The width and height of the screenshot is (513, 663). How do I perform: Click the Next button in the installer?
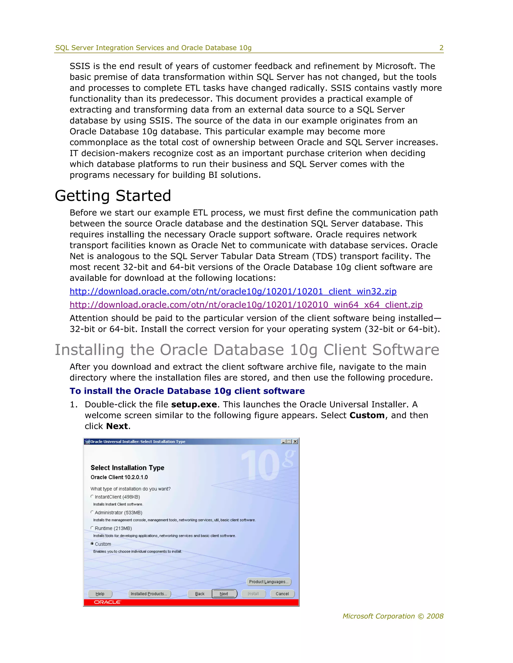pos(224,594)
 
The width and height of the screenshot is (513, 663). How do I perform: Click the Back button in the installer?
pos(200,594)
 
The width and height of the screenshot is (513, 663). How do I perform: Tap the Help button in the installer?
pos(100,594)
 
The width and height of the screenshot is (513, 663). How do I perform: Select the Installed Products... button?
pos(149,594)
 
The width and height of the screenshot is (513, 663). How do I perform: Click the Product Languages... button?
pos(268,582)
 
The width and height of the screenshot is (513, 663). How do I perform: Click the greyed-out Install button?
pos(253,594)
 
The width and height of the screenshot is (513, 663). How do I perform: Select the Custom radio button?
pos(92,544)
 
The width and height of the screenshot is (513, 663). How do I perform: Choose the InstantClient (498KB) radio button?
pos(92,497)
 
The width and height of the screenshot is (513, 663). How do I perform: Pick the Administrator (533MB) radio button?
pos(92,512)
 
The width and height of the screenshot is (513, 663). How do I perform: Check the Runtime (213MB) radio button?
pos(92,528)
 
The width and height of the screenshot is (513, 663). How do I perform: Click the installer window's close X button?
pos(295,442)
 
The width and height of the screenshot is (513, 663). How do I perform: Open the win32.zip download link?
pos(233,291)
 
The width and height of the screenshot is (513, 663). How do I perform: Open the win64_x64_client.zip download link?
pos(246,305)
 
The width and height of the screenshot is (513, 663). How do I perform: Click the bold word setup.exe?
pos(194,405)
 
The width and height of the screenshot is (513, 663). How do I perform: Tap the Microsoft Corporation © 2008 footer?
pos(393,616)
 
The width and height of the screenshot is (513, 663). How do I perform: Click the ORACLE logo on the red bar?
pos(107,602)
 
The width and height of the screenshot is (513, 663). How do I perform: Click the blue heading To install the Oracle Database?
pos(187,391)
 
